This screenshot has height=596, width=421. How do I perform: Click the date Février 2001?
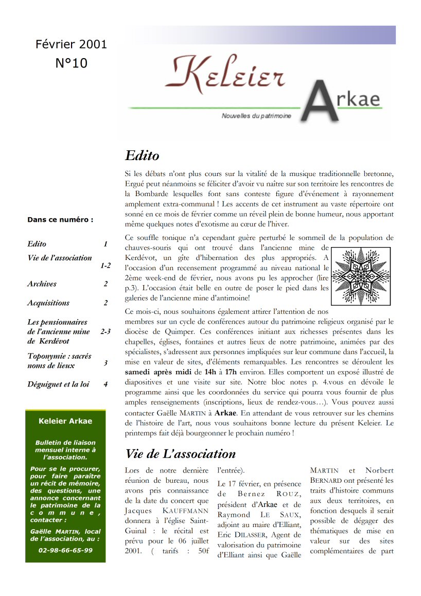71,44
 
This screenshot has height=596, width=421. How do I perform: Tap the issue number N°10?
71,63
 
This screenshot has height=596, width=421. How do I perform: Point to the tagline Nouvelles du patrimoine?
256,116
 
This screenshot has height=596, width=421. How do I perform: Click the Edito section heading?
142,155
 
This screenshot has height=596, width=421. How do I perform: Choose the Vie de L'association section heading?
180,453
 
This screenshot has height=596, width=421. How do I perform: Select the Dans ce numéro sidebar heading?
60,220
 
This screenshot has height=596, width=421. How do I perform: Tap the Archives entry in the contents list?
42,284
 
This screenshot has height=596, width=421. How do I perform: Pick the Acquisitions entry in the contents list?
48,303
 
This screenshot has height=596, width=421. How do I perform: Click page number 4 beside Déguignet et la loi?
105,384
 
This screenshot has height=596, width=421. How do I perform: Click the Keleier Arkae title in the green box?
65,421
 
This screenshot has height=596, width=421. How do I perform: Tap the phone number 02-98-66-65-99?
65,550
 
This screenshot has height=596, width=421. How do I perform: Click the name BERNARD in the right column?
326,480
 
